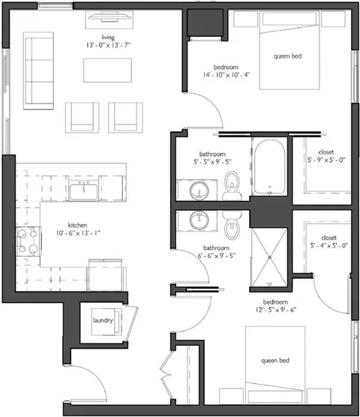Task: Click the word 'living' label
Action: [x=108, y=37]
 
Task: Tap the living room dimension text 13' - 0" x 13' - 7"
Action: [x=108, y=45]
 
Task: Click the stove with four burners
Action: [x=28, y=241]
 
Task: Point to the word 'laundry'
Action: [x=103, y=320]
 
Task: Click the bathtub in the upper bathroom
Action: [x=269, y=166]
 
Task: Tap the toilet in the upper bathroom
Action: [x=232, y=186]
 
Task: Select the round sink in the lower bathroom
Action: [x=199, y=220]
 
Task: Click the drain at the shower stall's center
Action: [x=269, y=257]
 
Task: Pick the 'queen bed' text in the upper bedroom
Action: [x=287, y=56]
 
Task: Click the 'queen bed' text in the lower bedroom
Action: [x=275, y=361]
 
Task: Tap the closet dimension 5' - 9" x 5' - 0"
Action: [x=326, y=160]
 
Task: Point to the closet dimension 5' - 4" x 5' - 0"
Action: [x=329, y=245]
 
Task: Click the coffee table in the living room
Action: [x=107, y=70]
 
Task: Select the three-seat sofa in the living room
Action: [x=38, y=70]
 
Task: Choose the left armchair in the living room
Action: [x=82, y=118]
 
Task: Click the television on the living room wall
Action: [x=110, y=16]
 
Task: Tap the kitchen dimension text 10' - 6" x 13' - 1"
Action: [x=78, y=233]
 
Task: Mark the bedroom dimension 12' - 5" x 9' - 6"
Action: [x=275, y=310]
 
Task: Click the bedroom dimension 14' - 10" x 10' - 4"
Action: [x=226, y=75]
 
